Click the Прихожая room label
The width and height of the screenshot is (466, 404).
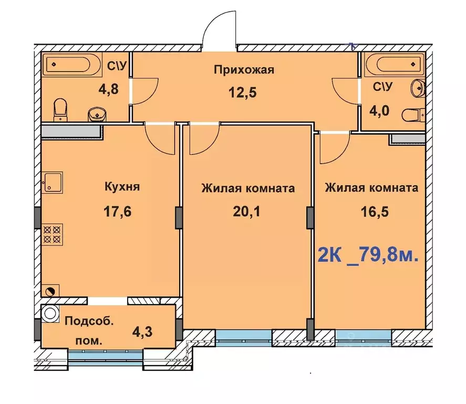click(x=244, y=70)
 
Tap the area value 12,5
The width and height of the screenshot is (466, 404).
click(x=244, y=93)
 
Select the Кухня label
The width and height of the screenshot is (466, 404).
click(x=122, y=187)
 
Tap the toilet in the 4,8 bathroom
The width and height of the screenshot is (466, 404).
click(x=61, y=108)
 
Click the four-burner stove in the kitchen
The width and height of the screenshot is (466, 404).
click(x=53, y=233)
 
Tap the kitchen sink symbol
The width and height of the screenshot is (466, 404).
click(x=53, y=181)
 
